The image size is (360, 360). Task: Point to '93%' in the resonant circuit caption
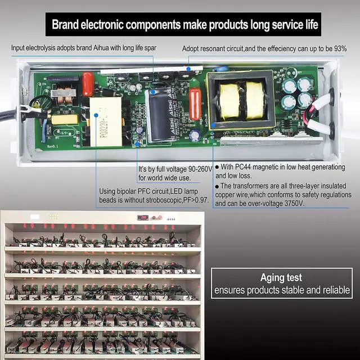(x=339, y=49)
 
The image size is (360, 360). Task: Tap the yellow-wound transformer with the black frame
(x=242, y=100)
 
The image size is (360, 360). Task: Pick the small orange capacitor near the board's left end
(x=88, y=84)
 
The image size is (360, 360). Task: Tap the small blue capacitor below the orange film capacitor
(x=195, y=135)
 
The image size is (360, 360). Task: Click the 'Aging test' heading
(x=281, y=277)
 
